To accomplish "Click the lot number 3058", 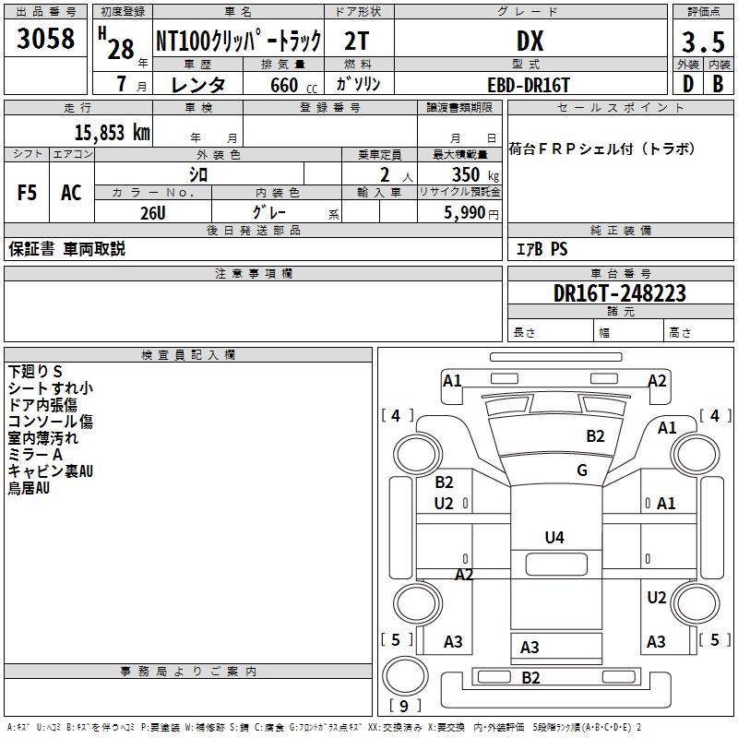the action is [x=46, y=41].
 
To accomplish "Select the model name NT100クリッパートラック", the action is [x=238, y=42].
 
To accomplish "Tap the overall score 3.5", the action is [x=703, y=42].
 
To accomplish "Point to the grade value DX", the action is [x=530, y=42].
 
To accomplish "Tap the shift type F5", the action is [x=28, y=193].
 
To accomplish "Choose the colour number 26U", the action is [x=152, y=211].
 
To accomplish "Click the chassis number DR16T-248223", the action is [x=620, y=293].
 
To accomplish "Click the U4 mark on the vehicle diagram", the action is [x=554, y=538].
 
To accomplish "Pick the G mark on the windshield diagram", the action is [x=582, y=470].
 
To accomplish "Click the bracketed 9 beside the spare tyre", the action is [x=403, y=707].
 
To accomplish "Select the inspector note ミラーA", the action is [x=35, y=454].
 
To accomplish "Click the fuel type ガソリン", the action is [x=358, y=84].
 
